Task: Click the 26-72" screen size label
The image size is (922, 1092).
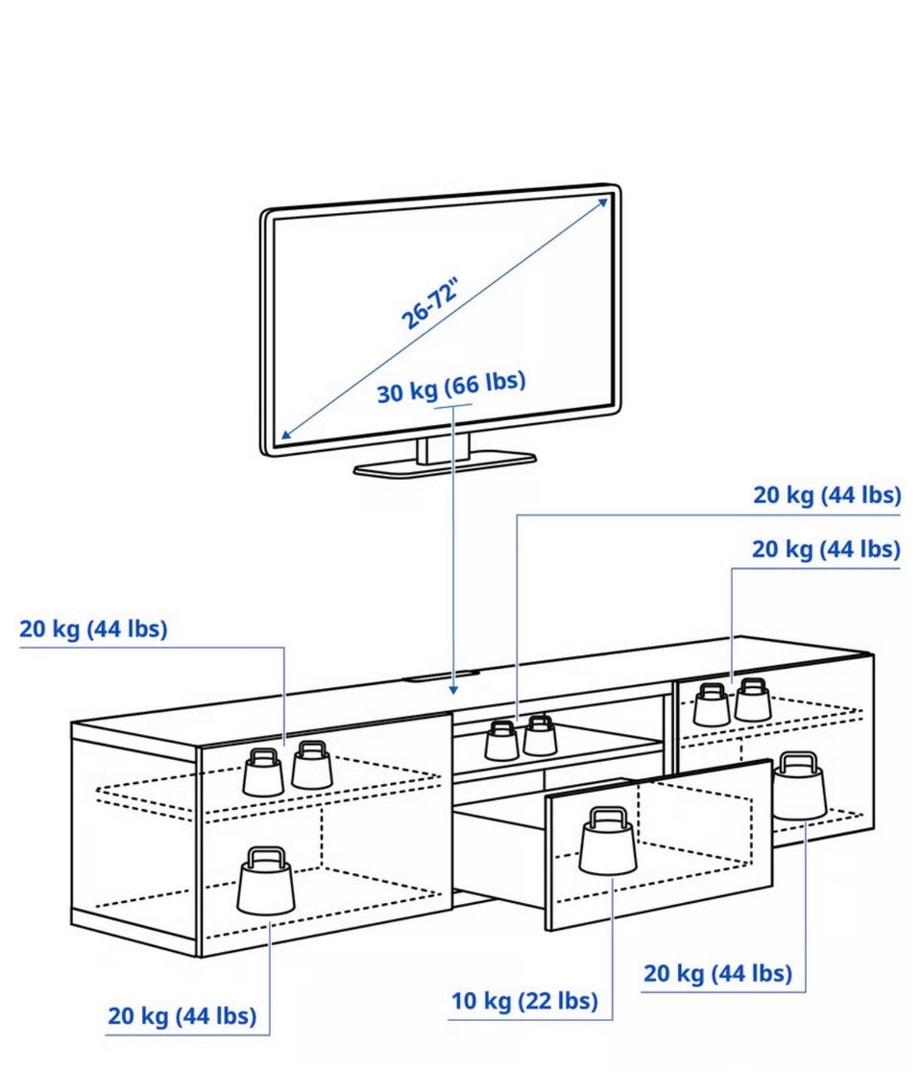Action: [x=430, y=302]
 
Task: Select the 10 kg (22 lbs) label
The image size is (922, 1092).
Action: [x=524, y=1002]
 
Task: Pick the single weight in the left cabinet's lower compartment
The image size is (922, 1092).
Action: [x=266, y=882]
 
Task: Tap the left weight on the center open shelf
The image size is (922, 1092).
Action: [x=501, y=741]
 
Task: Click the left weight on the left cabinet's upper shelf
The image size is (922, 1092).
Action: [x=263, y=772]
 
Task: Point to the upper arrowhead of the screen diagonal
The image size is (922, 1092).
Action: [x=604, y=200]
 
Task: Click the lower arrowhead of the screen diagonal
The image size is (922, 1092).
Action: [x=284, y=437]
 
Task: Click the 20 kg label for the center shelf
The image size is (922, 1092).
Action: [x=826, y=495]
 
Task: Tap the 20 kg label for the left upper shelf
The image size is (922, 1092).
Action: [x=93, y=629]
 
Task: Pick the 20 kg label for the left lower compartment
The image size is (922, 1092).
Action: [x=182, y=1016]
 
